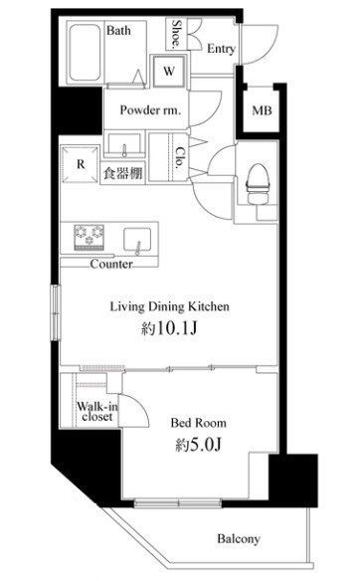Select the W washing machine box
click(167, 71)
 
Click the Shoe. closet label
click(176, 32)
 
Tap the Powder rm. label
click(150, 110)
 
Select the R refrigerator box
click(79, 165)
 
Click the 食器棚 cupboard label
click(121, 173)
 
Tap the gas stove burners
click(88, 238)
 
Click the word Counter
click(112, 265)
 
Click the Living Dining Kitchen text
click(170, 307)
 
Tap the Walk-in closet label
click(95, 411)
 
